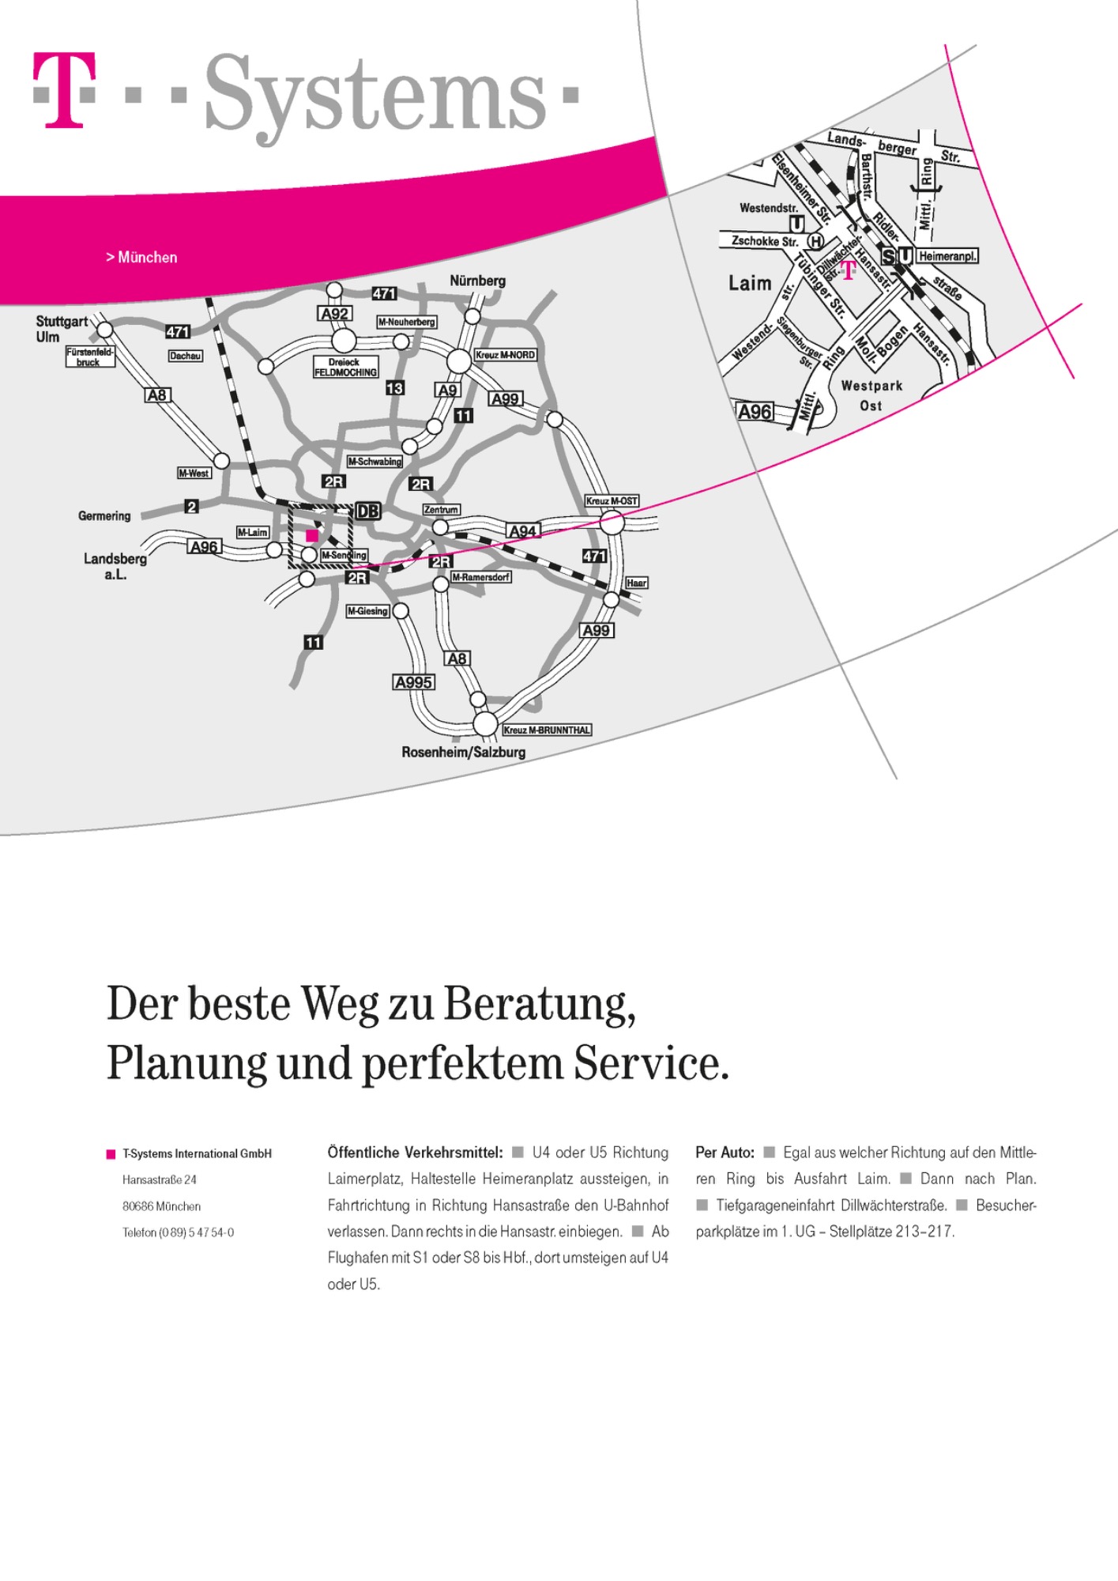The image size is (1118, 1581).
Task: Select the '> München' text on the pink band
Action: point(141,258)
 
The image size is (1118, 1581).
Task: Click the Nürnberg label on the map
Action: point(477,281)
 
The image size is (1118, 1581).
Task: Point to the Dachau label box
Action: point(186,357)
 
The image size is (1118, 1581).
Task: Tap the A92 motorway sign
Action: point(335,314)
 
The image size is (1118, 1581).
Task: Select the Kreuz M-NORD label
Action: point(505,355)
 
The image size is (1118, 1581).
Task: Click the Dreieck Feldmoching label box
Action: point(345,367)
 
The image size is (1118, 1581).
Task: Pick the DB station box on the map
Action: point(367,511)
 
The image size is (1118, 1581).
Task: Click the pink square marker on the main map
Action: point(312,535)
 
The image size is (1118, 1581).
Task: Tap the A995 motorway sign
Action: point(413,682)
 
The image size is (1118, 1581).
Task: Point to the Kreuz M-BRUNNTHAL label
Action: point(547,730)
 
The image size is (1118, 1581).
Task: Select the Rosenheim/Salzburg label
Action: point(463,752)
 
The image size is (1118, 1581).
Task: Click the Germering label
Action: point(104,516)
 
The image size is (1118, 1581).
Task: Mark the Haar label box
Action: point(636,583)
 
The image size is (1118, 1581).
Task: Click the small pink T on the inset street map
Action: point(848,270)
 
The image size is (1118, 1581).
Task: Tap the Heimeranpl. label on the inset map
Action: point(948,256)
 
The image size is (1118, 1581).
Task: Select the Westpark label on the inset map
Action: point(871,386)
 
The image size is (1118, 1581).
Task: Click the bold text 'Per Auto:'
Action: point(725,1153)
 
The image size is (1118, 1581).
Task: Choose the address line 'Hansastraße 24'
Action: point(160,1179)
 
